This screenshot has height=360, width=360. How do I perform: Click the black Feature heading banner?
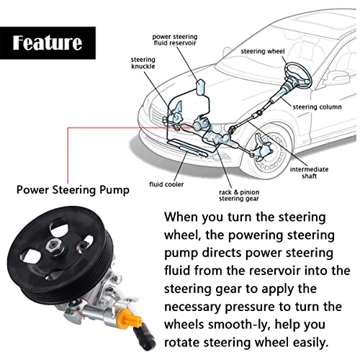[x=48, y=43]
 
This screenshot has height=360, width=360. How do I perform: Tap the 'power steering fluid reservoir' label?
[x=175, y=40]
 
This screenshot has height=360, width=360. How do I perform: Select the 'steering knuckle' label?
[x=143, y=63]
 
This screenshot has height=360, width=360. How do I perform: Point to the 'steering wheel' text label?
[x=263, y=51]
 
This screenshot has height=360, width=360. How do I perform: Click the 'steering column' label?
[x=317, y=107]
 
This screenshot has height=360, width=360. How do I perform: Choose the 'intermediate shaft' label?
[x=309, y=173]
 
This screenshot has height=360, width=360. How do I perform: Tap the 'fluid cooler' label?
[x=166, y=184]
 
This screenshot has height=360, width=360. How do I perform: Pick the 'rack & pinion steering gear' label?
[x=239, y=195]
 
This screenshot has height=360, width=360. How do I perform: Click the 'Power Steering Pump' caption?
[x=73, y=190]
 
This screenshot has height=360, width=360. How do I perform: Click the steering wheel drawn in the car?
[x=298, y=73]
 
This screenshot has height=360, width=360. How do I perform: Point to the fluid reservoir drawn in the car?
[x=201, y=87]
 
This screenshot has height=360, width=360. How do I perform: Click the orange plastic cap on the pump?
[x=130, y=317]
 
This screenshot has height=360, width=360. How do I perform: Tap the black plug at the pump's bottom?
[x=144, y=336]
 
